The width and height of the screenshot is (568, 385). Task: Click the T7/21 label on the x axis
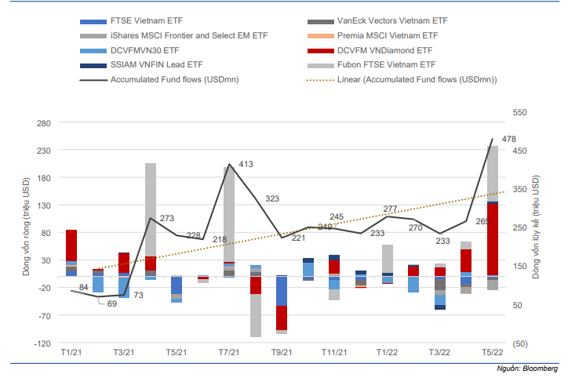[228, 354]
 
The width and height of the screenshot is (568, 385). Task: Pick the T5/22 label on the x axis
[492, 354]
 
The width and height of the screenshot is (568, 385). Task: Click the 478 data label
[508, 140]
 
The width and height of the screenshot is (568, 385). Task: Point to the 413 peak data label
[246, 165]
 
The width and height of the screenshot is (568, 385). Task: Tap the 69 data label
[112, 303]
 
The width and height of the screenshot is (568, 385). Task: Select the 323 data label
[272, 199]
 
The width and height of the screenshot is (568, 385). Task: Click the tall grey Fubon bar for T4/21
[151, 209]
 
